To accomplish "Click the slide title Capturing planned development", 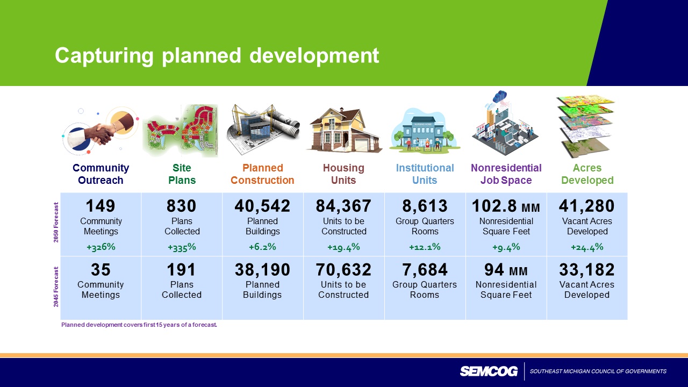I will [x=217, y=56].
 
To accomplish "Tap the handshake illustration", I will [x=101, y=131].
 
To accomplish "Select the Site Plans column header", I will [x=182, y=174].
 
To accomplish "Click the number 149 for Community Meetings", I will [x=101, y=206].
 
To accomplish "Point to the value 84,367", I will [x=343, y=206].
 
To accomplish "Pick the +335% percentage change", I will [x=182, y=247].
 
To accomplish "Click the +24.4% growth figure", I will [x=587, y=247].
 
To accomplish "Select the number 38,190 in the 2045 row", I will [x=262, y=269].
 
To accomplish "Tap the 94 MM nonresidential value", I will [x=506, y=269].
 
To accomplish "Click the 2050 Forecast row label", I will [x=56, y=223].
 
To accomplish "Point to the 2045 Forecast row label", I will [x=56, y=287].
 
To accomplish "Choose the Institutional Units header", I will [x=425, y=174].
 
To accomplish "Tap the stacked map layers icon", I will [x=586, y=126].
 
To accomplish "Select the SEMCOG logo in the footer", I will [x=489, y=371].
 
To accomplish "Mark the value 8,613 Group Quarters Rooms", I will [x=425, y=206].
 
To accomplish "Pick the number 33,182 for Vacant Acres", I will [x=586, y=269].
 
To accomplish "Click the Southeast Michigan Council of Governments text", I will [x=598, y=371].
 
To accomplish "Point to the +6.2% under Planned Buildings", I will [x=262, y=247].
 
